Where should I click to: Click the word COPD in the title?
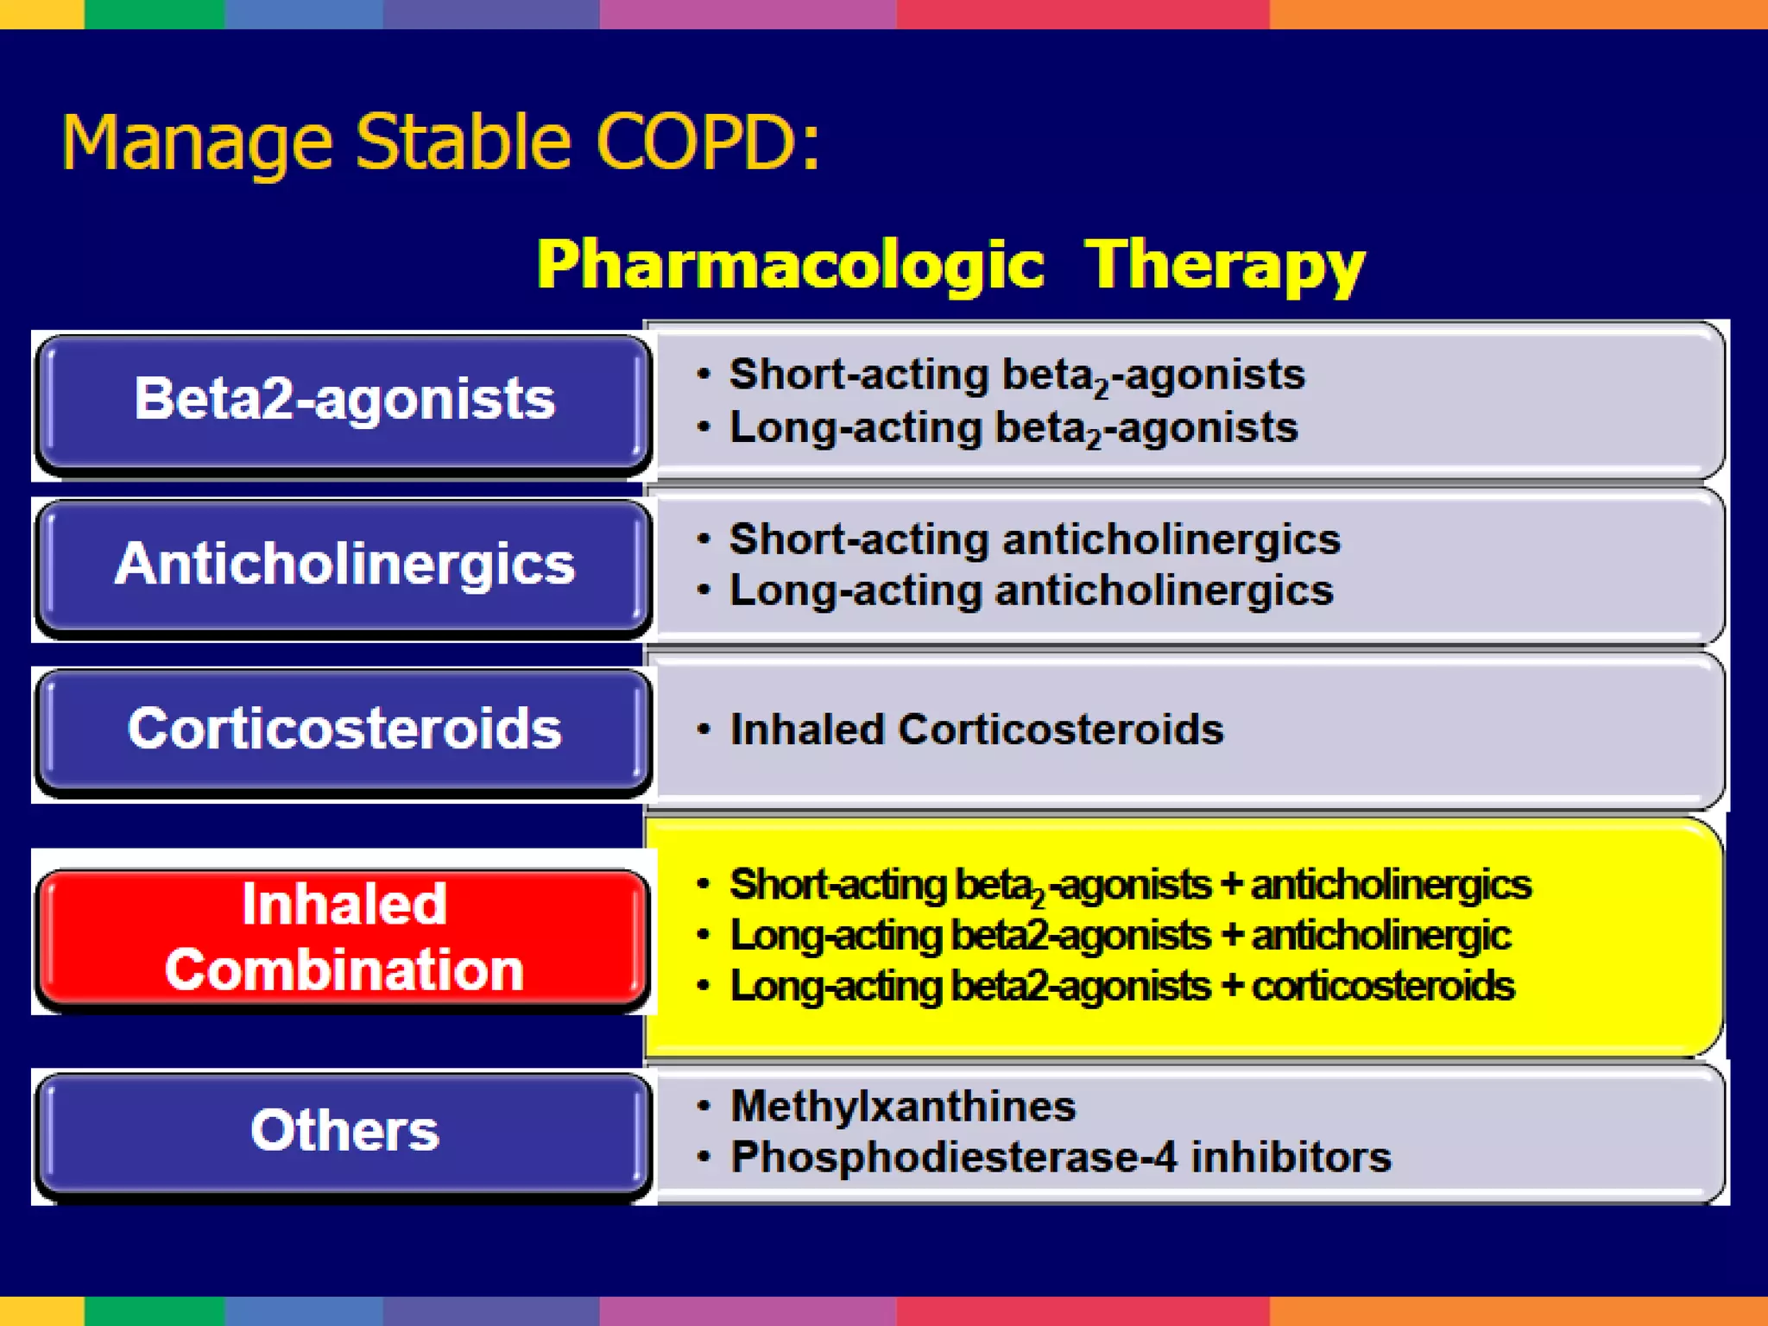coord(697,142)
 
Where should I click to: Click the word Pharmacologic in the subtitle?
coord(790,264)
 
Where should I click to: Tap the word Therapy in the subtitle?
coord(1224,264)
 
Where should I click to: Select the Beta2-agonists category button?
coord(344,400)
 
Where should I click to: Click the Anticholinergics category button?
coord(344,565)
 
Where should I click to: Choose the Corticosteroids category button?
coord(344,729)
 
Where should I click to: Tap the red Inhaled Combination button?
coord(344,938)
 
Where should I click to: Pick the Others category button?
coord(344,1130)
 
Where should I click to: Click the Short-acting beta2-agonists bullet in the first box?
coord(1016,375)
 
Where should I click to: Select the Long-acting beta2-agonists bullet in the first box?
coord(1013,427)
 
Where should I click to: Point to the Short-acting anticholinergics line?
coord(1034,540)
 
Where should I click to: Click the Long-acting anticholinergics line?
coord(1031,591)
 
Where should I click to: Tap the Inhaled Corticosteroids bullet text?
coord(976,729)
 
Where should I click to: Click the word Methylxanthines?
coord(903,1107)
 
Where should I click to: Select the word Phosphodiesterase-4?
coord(953,1158)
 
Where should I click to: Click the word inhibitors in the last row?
coord(1291,1158)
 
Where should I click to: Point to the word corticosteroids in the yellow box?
coord(1382,987)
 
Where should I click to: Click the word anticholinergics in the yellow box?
coord(1391,885)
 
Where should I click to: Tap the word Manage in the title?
coord(197,142)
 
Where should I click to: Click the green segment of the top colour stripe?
coord(154,14)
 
